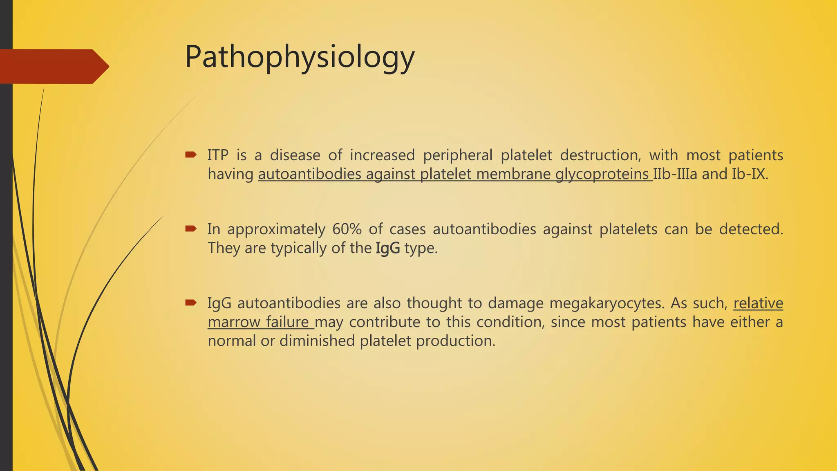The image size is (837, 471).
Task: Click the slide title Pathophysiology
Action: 300,57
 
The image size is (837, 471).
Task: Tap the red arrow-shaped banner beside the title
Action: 53,66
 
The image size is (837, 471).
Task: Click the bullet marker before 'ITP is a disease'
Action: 190,155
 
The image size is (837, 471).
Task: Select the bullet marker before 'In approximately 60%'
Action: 190,229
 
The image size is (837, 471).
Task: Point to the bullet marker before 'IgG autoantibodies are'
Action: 190,303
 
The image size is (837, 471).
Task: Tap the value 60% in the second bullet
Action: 347,229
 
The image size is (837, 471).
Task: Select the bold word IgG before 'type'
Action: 387,248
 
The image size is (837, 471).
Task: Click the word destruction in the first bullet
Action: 599,155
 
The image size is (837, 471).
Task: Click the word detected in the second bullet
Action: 751,229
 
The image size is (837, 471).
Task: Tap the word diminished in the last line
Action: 317,341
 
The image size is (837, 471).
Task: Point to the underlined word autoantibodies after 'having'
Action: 310,175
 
